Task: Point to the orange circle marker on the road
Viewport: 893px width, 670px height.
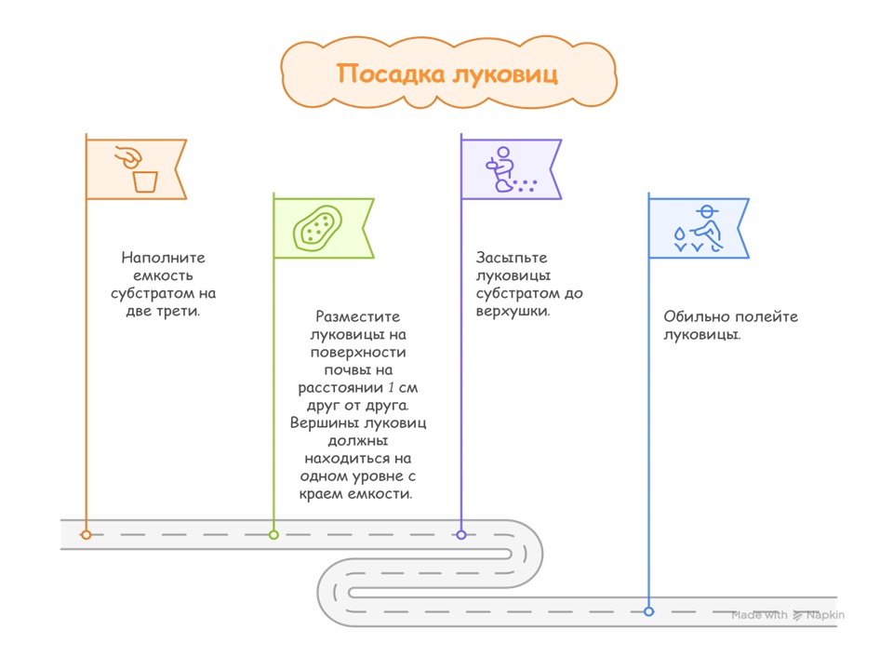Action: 87,535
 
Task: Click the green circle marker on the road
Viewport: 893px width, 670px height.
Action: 273,535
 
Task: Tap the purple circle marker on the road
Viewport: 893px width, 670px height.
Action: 461,535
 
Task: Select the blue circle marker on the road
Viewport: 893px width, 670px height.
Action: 649,611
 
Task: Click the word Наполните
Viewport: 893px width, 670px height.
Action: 163,258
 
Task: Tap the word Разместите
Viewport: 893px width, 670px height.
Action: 358,316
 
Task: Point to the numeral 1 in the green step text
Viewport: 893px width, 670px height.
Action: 392,387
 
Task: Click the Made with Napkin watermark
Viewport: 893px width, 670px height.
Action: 787,615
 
